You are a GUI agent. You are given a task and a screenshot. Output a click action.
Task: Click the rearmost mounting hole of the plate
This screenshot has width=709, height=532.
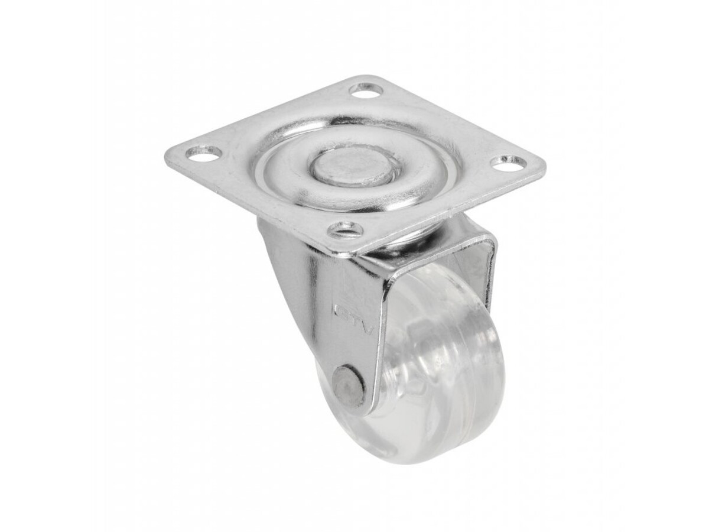pyautogui.click(x=366, y=90)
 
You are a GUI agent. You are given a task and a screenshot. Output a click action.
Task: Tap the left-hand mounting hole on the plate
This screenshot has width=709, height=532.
pyautogui.click(x=204, y=153)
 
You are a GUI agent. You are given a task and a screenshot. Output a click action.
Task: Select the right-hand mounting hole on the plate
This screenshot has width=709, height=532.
pyautogui.click(x=508, y=163)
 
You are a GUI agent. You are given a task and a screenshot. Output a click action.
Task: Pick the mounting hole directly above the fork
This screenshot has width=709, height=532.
pyautogui.click(x=345, y=228)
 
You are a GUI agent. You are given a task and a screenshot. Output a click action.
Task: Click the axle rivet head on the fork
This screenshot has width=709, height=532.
pyautogui.click(x=348, y=387)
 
